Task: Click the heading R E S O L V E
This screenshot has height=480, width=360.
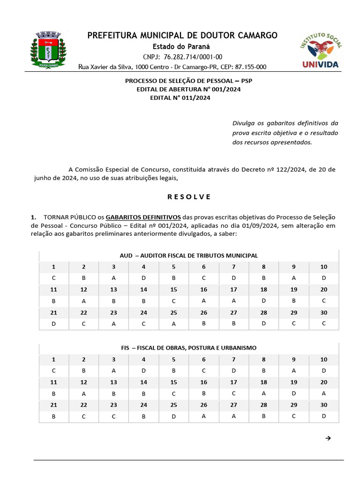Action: tap(189, 196)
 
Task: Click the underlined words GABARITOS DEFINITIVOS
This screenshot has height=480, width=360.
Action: tap(143, 217)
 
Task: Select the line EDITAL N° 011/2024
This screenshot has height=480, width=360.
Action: tap(180, 98)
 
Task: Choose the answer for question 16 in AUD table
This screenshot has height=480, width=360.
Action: tap(204, 301)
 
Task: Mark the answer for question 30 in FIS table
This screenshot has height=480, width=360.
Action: tap(324, 416)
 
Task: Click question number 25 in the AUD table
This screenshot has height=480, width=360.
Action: tap(174, 313)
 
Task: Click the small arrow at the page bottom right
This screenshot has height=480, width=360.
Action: tap(328, 439)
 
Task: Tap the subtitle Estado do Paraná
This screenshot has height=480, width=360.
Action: tap(182, 46)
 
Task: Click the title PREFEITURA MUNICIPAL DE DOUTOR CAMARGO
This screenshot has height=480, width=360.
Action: tap(182, 35)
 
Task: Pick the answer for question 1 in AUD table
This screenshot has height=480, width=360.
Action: tap(54, 278)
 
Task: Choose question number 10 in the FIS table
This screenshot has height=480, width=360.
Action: tap(324, 360)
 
